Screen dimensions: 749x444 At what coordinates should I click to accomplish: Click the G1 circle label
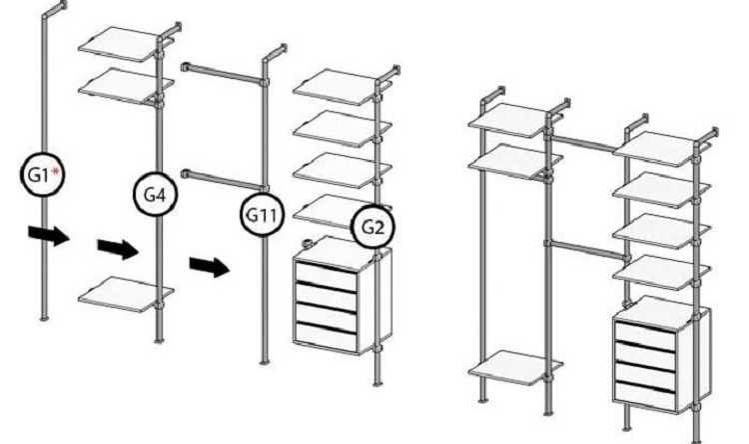(43, 174)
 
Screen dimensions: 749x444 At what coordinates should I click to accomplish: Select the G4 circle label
(155, 194)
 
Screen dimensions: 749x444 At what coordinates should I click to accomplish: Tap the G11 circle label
(262, 214)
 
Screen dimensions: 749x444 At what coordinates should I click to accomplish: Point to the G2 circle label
(374, 227)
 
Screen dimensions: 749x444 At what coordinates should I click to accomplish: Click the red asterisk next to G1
(56, 171)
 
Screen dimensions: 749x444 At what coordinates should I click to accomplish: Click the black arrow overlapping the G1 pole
(49, 235)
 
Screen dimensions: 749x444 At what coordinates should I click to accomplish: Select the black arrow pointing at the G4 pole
(118, 249)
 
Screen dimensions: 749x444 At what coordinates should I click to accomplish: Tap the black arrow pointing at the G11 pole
(210, 267)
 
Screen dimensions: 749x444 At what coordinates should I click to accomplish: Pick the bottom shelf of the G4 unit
(125, 294)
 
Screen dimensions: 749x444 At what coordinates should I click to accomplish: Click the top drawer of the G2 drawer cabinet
(326, 274)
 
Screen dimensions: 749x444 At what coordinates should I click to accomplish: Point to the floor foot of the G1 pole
(44, 318)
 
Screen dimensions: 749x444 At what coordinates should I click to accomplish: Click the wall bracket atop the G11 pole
(275, 53)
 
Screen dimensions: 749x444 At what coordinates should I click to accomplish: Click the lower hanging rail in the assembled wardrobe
(586, 249)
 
